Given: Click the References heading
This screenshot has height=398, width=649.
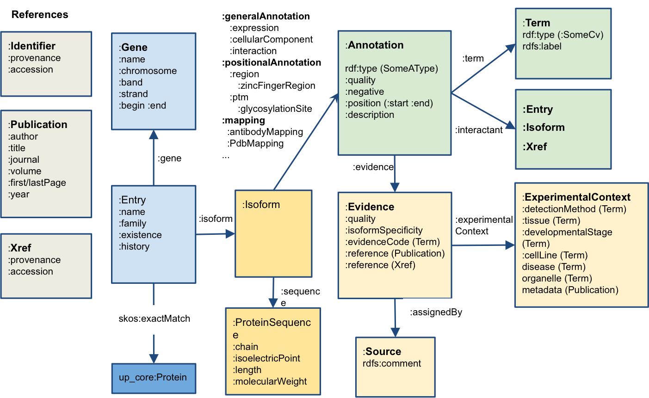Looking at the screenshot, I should point(40,14).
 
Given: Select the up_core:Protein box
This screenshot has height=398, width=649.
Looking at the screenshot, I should point(153,378).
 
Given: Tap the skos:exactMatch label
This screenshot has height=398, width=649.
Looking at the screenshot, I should point(154,318).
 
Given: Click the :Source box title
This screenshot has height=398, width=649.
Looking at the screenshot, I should point(382,351).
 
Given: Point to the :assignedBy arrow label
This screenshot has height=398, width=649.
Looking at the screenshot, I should point(436,312).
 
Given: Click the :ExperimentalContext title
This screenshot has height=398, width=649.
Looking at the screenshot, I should point(577,197).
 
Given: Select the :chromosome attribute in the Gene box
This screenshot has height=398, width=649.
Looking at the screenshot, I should point(148,71).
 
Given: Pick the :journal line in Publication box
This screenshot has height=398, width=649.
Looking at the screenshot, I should point(24,159).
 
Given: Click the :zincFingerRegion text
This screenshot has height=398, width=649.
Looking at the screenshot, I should point(277,86).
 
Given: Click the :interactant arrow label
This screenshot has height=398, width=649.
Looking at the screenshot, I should point(479,130).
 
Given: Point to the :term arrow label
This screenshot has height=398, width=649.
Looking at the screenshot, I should point(473,59).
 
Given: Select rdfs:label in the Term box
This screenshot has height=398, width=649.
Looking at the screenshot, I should point(542,46).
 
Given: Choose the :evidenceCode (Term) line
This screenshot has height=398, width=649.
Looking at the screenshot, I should point(392,242).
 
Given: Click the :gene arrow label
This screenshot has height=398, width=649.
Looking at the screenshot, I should point(169,159).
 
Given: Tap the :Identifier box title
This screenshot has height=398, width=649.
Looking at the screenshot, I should point(32,46).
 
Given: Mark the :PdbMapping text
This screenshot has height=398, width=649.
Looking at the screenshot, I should point(255,143).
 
